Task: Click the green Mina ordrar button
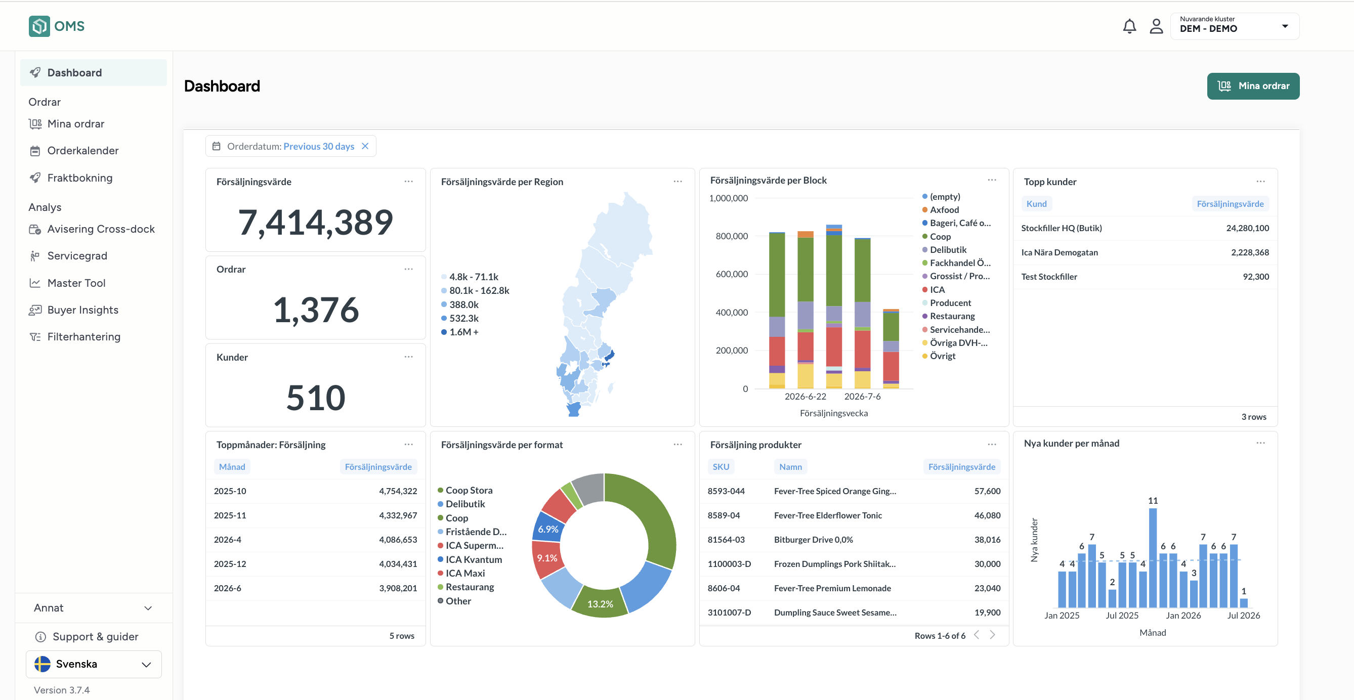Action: pos(1253,85)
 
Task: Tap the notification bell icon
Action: pos(1129,26)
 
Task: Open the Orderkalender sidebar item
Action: pos(82,151)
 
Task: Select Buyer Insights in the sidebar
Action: pos(82,310)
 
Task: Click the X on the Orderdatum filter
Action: pos(365,146)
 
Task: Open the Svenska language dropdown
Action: pos(94,664)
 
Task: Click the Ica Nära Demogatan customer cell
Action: pos(1059,252)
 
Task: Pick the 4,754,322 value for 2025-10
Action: pos(398,491)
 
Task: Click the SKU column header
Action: pos(721,467)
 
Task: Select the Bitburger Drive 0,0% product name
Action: pos(813,540)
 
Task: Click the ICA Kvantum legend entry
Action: pos(473,560)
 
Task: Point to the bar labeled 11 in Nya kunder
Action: pos(1153,557)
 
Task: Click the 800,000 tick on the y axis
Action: pos(732,237)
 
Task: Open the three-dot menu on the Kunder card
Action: pos(408,357)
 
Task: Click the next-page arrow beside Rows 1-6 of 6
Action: pos(992,635)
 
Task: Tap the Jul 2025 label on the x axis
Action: pos(1122,616)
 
